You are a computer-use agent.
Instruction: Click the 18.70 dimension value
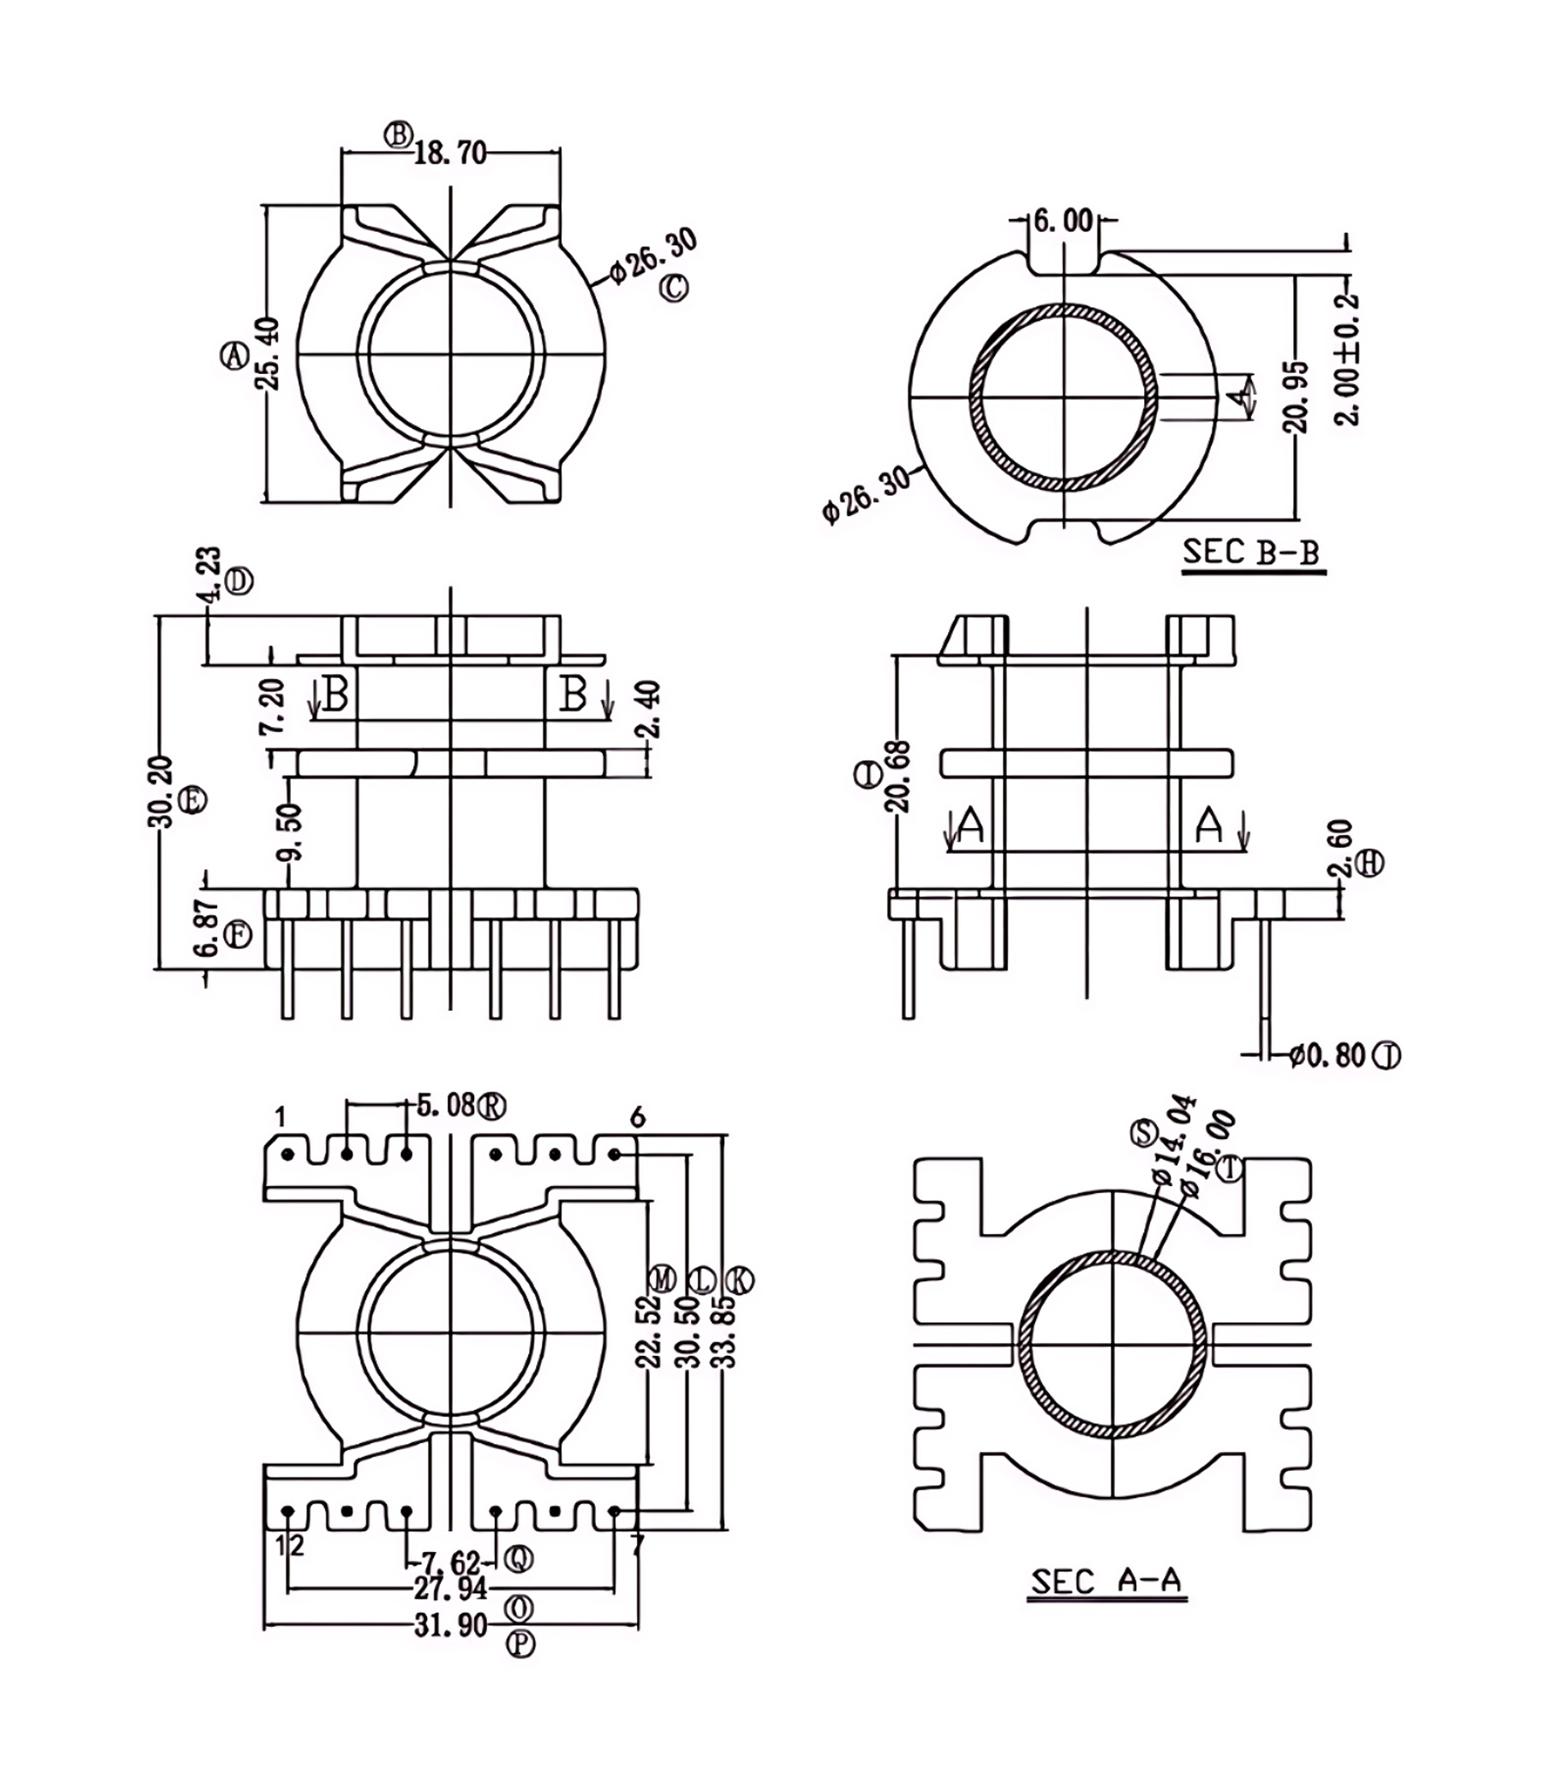pyautogui.click(x=450, y=154)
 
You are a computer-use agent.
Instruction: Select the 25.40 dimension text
pyautogui.click(x=269, y=354)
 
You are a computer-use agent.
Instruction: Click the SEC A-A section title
pyautogui.click(x=1105, y=1581)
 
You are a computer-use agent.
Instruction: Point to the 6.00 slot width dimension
pyautogui.click(x=1063, y=221)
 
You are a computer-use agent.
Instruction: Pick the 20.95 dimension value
pyautogui.click(x=1297, y=397)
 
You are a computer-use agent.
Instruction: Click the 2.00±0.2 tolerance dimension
pyautogui.click(x=1347, y=360)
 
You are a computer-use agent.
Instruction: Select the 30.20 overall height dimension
pyautogui.click(x=161, y=792)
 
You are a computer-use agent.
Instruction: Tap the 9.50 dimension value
pyautogui.click(x=290, y=833)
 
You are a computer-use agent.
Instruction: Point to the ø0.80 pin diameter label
pyautogui.click(x=1328, y=1055)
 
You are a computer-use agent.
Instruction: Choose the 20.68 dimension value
pyautogui.click(x=898, y=776)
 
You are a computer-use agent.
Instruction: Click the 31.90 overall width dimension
pyautogui.click(x=450, y=1625)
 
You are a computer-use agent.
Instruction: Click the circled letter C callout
pyautogui.click(x=675, y=288)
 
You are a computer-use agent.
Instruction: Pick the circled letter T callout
pyautogui.click(x=1230, y=1169)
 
